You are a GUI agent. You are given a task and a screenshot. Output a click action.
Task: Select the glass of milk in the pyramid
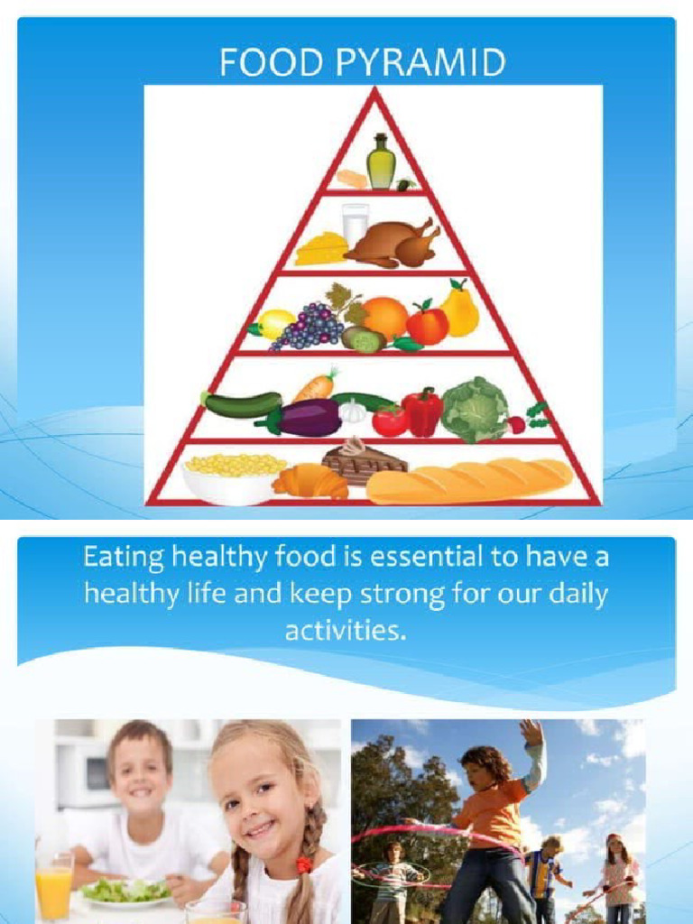(355, 223)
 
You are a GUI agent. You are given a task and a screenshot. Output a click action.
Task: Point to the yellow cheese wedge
(321, 248)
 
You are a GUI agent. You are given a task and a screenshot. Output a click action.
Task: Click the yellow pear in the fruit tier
(460, 309)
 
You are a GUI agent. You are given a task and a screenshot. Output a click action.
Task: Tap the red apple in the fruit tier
(427, 325)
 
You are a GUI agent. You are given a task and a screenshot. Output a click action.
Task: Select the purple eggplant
(300, 418)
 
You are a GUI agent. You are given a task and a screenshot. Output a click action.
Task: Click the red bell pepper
(422, 411)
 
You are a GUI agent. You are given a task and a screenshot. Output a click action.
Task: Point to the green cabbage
(475, 410)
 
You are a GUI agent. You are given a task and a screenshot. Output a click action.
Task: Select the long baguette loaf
(469, 480)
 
